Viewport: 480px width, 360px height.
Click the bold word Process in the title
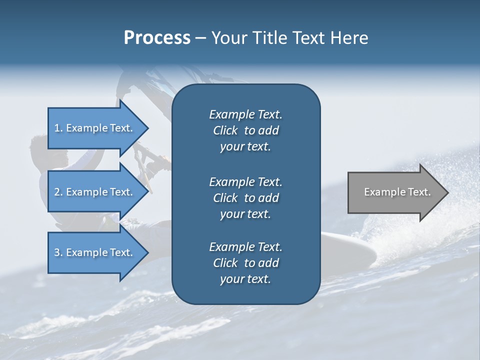pos(157,38)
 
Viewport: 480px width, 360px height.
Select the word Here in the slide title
pos(349,38)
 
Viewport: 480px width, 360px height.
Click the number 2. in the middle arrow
pos(58,192)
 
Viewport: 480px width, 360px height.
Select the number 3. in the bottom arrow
pos(58,252)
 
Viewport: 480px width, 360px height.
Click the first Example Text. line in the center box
pos(245,114)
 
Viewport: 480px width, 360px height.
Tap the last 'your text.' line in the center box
pos(245,279)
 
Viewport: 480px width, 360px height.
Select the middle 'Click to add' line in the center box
pos(245,198)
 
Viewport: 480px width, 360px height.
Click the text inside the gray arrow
pos(397,192)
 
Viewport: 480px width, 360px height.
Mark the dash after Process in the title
pos(200,38)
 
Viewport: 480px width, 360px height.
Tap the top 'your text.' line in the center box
pos(245,147)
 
